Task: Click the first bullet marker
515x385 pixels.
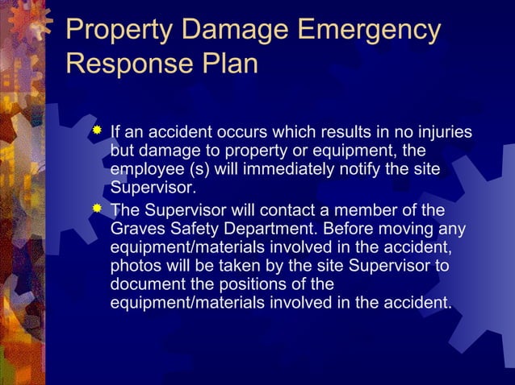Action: [97, 130]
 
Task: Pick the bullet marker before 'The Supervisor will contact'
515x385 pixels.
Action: [97, 209]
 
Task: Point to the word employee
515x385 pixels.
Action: [145, 170]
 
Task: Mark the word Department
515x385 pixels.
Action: [271, 229]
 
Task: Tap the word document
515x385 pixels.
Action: [145, 284]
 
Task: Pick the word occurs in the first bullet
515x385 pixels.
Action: [220, 131]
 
